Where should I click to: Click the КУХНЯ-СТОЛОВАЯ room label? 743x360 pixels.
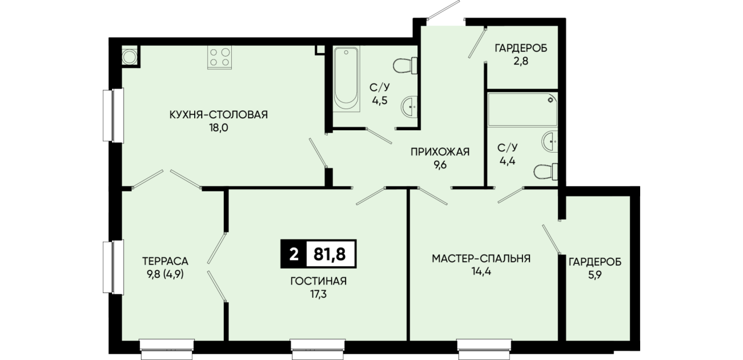click(x=218, y=115)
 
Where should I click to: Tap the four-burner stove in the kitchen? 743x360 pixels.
click(x=219, y=57)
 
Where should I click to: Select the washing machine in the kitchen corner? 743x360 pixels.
click(x=130, y=57)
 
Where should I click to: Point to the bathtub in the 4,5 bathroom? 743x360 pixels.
click(x=346, y=79)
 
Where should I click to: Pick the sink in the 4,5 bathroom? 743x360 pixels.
click(x=409, y=106)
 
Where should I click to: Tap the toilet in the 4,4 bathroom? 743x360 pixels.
click(x=545, y=172)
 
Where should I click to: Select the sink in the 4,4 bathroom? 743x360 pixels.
click(x=549, y=141)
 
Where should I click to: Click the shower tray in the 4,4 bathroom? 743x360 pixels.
click(x=523, y=110)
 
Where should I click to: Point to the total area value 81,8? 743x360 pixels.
click(x=330, y=254)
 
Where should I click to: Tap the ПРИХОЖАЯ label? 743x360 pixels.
click(x=440, y=152)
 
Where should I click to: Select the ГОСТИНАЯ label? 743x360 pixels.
click(x=319, y=281)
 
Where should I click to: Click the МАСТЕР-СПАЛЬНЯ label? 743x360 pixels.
click(x=481, y=258)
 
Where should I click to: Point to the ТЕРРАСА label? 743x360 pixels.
click(x=165, y=262)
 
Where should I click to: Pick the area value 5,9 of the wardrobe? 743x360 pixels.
click(x=595, y=275)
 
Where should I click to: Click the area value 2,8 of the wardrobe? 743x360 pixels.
click(x=521, y=61)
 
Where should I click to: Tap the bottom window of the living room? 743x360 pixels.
click(x=318, y=349)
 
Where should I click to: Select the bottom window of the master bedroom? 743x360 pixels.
click(x=484, y=349)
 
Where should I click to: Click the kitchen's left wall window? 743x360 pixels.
click(x=113, y=115)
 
